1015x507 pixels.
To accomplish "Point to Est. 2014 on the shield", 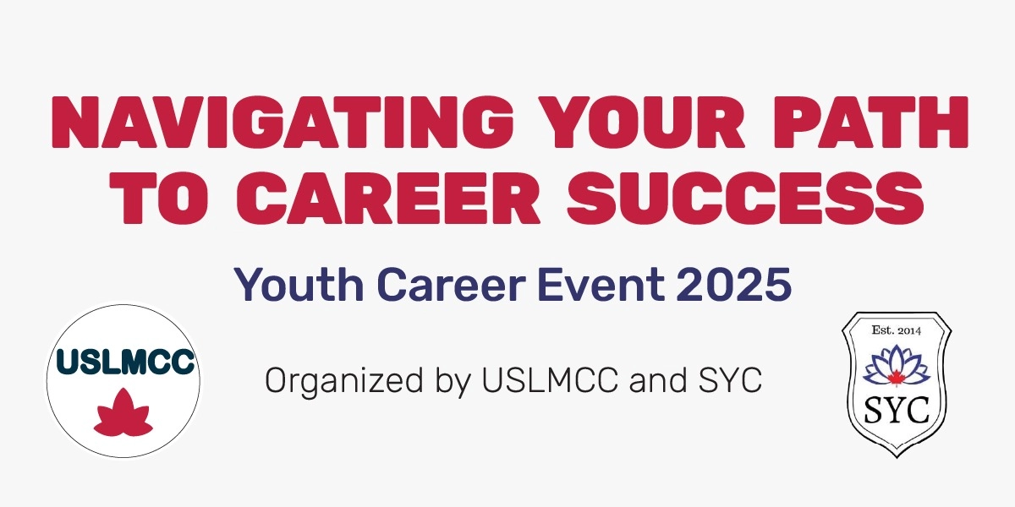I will coord(898,330).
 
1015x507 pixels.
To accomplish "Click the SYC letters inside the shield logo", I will coord(897,412).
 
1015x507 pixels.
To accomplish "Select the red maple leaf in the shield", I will coord(898,373).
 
